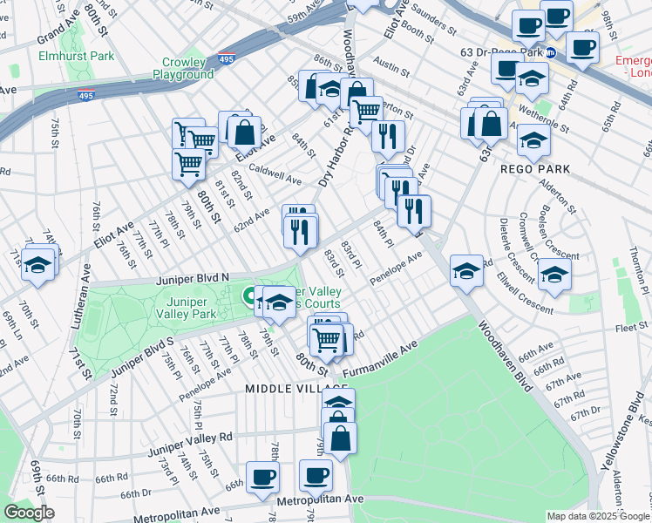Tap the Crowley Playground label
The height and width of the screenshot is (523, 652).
(x=187, y=69)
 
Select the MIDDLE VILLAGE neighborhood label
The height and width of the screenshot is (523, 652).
(x=285, y=388)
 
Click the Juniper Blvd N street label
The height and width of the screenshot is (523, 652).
(x=193, y=278)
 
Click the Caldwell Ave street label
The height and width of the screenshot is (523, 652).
(x=275, y=174)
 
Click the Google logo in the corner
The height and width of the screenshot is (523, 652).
(x=29, y=513)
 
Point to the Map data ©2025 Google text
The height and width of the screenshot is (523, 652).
(x=598, y=516)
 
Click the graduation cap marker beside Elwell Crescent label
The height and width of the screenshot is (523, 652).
(x=554, y=276)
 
